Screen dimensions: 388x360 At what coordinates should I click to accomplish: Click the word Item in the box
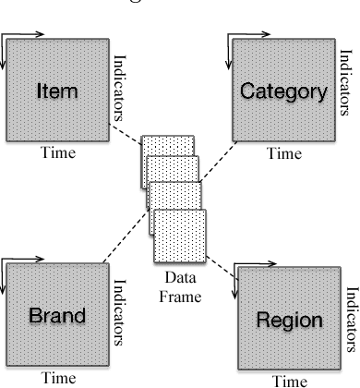click(56, 91)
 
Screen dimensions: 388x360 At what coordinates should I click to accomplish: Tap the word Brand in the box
click(57, 316)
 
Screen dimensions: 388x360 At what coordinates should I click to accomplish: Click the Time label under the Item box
click(57, 154)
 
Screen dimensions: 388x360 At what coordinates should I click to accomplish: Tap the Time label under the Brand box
click(57, 378)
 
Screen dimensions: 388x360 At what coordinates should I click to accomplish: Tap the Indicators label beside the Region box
click(351, 319)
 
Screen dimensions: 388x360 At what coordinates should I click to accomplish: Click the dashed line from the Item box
click(125, 128)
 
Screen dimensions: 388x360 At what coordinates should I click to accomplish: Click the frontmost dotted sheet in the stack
click(179, 235)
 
